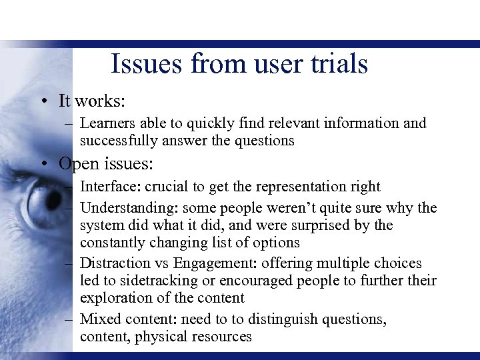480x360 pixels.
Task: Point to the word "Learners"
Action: (x=106, y=123)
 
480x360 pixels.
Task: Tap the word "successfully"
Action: (x=121, y=141)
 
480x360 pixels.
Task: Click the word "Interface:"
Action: (x=111, y=187)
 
